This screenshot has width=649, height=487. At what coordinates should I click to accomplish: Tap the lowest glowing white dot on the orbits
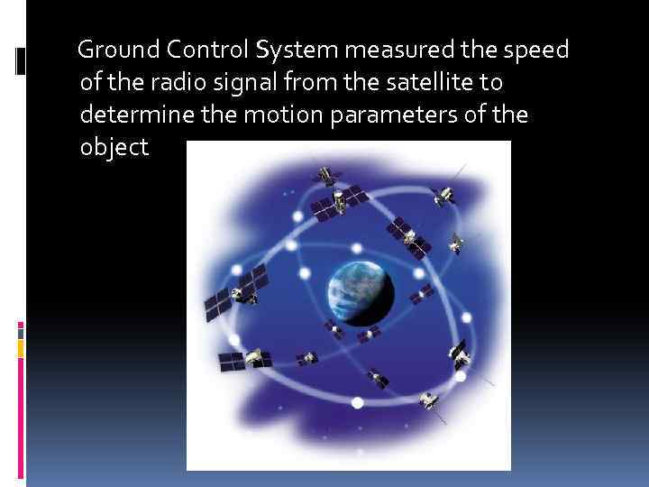click(x=357, y=402)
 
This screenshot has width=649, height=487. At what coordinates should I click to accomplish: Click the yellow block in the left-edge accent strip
click(x=21, y=348)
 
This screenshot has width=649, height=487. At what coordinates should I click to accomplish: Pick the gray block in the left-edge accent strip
click(x=21, y=331)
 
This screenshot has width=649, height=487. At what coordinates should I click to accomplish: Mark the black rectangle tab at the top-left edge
click(x=21, y=60)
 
